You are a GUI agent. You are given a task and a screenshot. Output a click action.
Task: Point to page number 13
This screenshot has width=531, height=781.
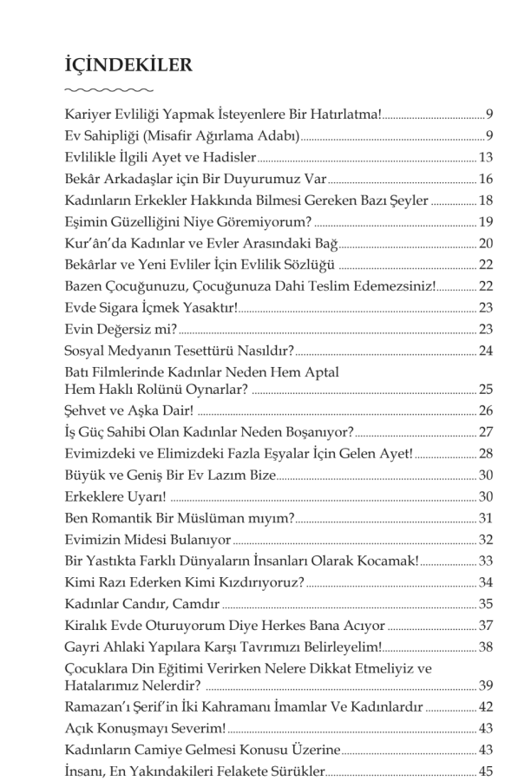486,157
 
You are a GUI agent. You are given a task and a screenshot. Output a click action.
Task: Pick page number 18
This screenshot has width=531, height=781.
486,200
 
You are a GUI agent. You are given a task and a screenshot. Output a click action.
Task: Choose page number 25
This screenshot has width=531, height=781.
486,387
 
